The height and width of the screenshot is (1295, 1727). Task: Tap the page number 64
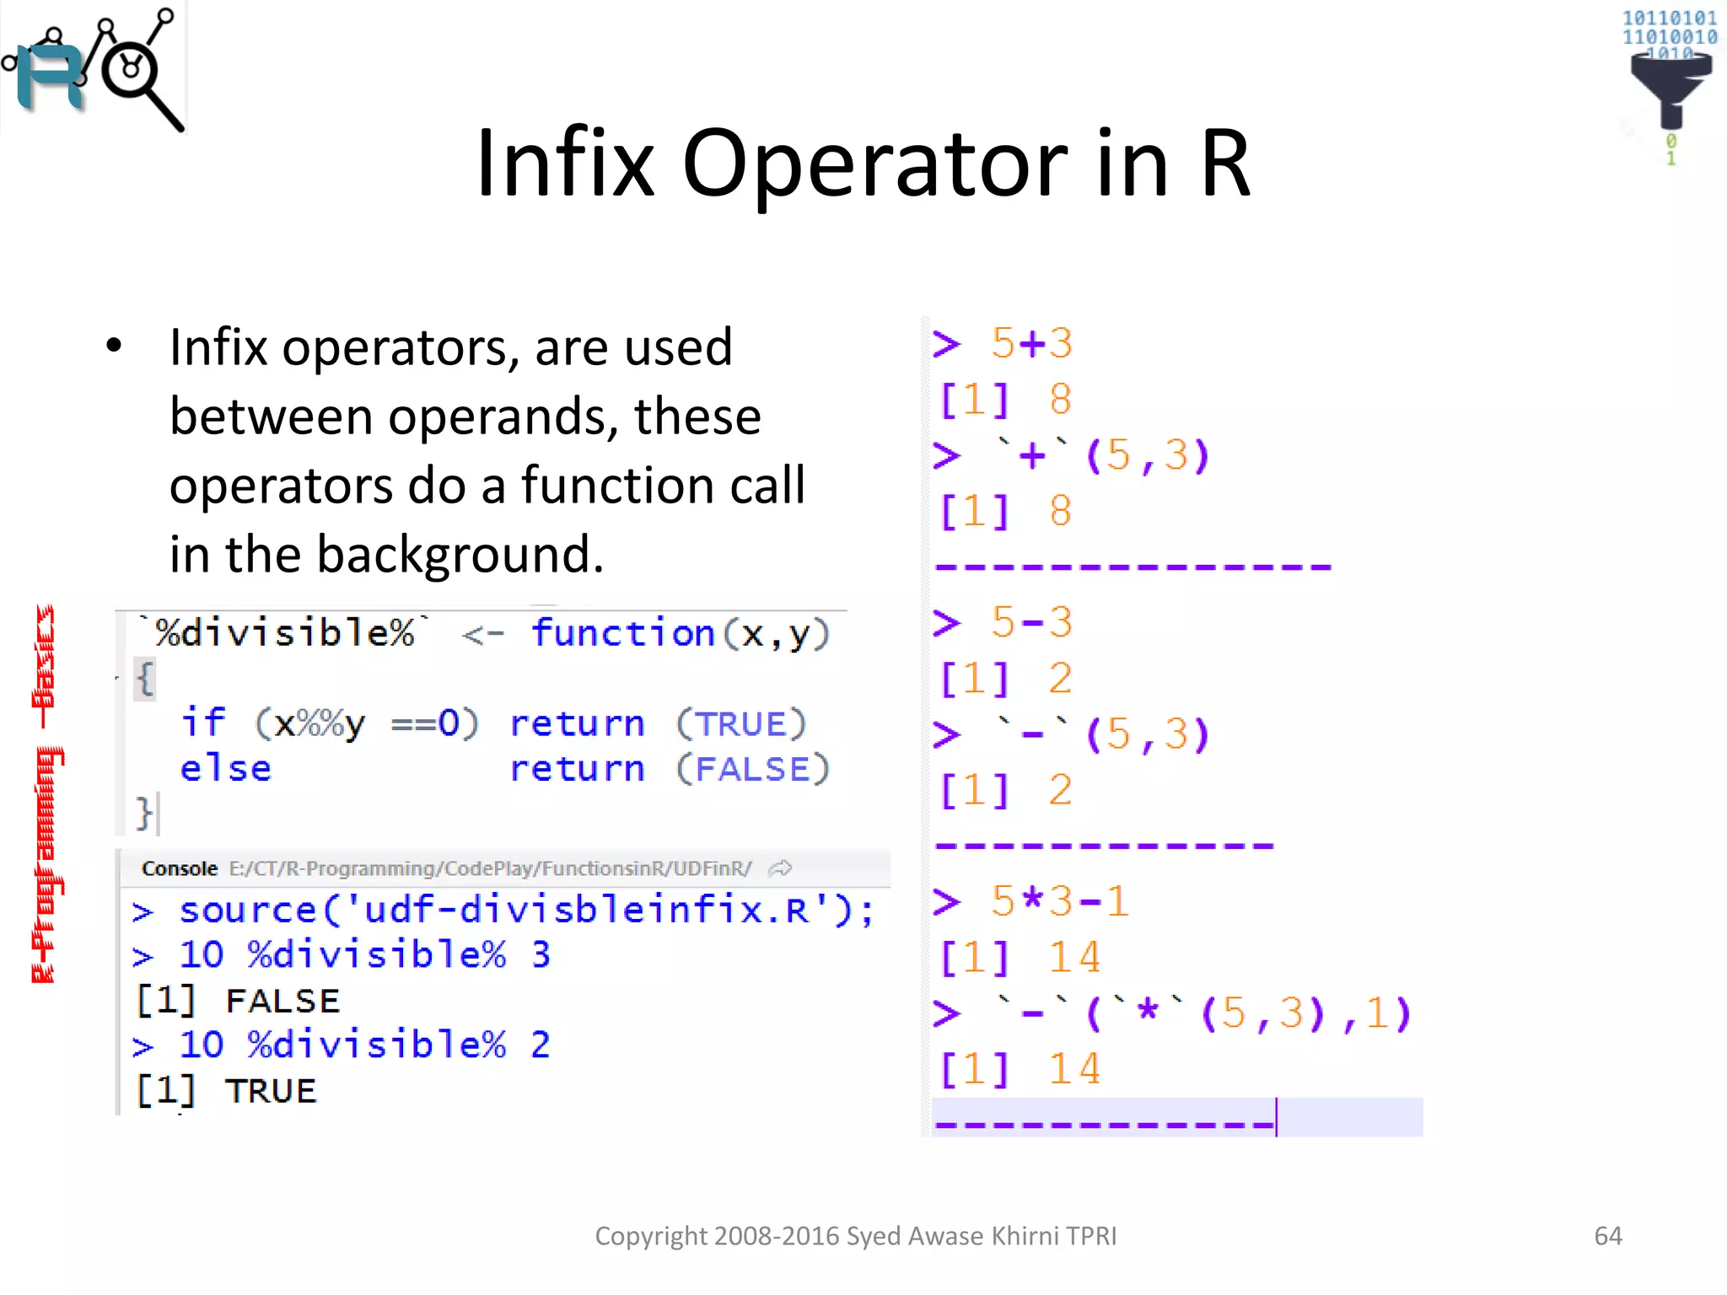coord(1607,1235)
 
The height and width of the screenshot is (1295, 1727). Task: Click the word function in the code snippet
coord(623,633)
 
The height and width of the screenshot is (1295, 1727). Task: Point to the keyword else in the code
coord(225,769)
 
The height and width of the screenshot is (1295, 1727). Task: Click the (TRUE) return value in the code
coord(740,724)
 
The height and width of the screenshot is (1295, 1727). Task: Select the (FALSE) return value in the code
coord(752,769)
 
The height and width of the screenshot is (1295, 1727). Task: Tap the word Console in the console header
coord(179,868)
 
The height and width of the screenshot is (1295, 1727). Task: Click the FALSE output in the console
coord(282,1001)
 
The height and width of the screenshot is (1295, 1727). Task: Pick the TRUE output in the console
coord(271,1091)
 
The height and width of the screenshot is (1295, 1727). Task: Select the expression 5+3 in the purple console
coord(1031,343)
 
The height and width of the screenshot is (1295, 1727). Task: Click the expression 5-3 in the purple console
coord(1031,622)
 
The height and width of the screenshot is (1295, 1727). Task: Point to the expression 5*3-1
coord(1059,901)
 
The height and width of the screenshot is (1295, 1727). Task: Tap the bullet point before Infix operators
coord(114,347)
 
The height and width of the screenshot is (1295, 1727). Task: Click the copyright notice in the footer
coord(855,1235)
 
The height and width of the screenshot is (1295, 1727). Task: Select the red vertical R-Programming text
coord(46,793)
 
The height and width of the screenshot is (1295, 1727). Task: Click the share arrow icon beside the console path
coord(781,868)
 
